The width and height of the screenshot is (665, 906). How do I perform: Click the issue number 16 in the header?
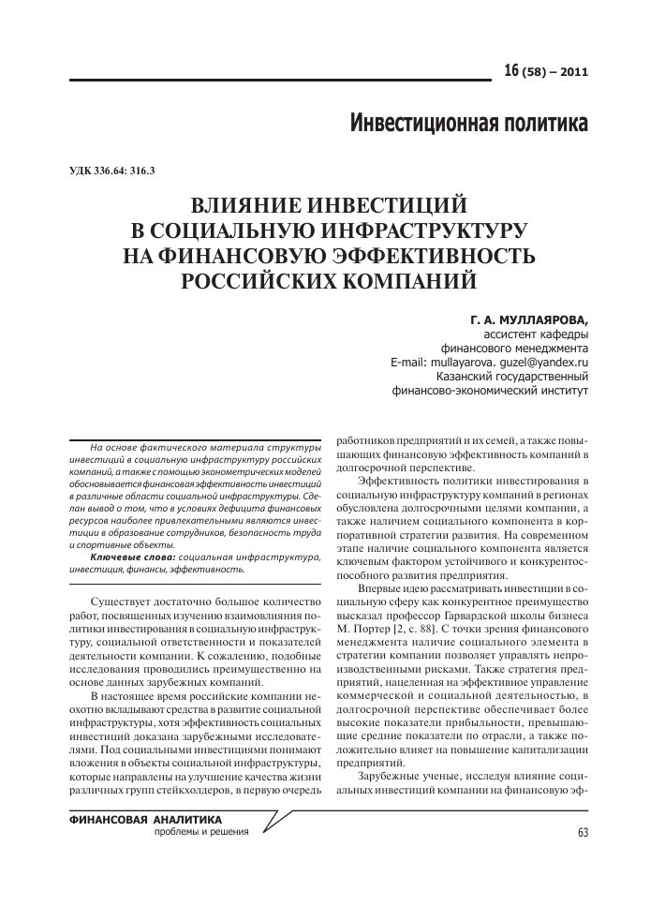pos(511,72)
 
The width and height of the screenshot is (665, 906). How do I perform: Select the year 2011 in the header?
pos(572,73)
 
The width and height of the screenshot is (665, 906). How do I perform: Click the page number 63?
pos(583,833)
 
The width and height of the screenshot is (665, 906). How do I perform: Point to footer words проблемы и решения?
pos(201,832)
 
